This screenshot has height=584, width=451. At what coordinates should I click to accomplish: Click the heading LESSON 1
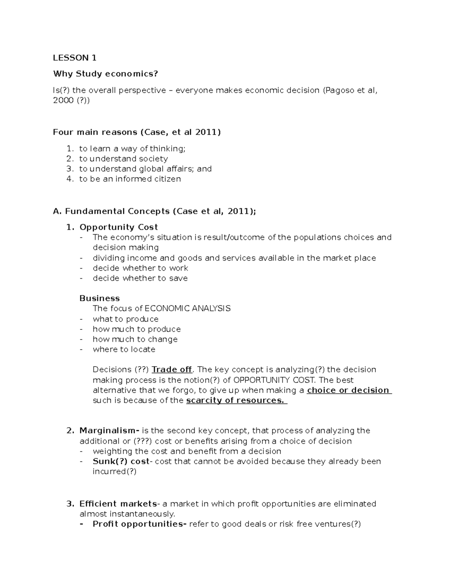(x=75, y=58)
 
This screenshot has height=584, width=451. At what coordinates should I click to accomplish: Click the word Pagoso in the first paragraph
(x=340, y=90)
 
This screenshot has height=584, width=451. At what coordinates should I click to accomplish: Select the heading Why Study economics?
(x=106, y=74)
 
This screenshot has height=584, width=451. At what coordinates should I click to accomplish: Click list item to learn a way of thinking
(x=132, y=149)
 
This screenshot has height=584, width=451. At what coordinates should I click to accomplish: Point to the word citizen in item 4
(x=168, y=179)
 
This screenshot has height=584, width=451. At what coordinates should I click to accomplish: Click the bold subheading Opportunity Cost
(x=118, y=227)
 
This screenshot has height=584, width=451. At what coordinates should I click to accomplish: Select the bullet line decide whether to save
(x=140, y=278)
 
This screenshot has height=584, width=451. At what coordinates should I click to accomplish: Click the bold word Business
(x=100, y=298)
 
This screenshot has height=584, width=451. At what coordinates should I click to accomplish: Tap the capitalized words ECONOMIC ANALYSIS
(x=188, y=309)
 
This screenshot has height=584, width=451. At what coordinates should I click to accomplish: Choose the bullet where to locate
(x=124, y=349)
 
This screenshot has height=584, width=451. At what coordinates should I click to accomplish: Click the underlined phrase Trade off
(x=172, y=370)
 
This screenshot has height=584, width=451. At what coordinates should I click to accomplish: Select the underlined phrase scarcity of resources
(x=236, y=400)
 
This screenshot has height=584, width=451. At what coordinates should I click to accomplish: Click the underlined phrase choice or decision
(x=348, y=390)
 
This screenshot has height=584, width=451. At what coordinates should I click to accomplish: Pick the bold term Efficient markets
(x=118, y=504)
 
